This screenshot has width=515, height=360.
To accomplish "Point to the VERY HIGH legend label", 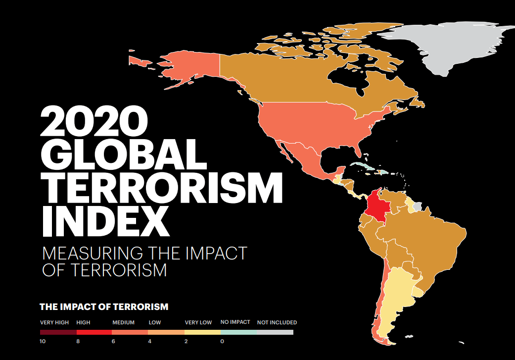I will coord(54,322).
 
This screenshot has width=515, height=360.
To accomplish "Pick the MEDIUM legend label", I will coord(123,322).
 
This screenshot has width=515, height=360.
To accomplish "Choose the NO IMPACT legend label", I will coord(235,322).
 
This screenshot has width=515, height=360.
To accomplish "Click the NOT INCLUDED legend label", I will coord(277,322).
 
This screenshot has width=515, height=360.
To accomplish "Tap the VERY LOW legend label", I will coord(198,322).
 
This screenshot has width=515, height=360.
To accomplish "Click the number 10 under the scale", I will coord(44,341).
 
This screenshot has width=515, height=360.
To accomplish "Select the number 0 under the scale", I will coord(222,341).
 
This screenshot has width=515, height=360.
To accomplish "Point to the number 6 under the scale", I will coord(114,341).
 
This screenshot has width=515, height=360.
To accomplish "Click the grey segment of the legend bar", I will coord(275,332).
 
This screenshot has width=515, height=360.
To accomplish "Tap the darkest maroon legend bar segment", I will coord(58,332).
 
